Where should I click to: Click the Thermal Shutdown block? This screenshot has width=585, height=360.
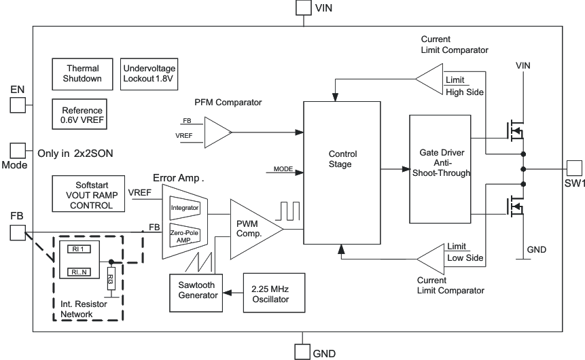pos(83,73)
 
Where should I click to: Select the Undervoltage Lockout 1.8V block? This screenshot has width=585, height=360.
pos(149,73)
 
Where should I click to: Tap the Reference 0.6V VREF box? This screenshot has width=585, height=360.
pos(83,115)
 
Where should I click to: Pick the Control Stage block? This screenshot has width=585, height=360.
pos(342,173)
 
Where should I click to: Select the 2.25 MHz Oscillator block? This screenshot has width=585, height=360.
pos(274,293)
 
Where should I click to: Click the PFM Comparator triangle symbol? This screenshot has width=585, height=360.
pos(216,132)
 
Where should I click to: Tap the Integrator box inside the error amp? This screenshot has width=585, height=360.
pos(185,207)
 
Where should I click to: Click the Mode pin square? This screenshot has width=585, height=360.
pos(17,151)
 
